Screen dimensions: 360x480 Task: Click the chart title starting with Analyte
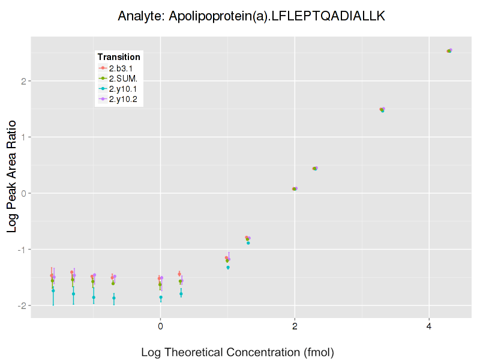point(251,16)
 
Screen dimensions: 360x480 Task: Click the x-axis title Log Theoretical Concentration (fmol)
point(238,352)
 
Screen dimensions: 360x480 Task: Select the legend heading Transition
point(119,57)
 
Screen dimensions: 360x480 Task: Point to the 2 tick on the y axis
point(23,81)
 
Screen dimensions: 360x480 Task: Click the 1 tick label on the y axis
point(23,137)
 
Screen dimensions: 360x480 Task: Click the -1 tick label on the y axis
point(22,249)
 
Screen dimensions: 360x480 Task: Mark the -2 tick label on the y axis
point(22,305)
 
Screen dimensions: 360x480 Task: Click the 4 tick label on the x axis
point(429,326)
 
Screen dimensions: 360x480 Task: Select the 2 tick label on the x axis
point(295,326)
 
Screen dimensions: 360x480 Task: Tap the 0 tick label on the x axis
point(160,326)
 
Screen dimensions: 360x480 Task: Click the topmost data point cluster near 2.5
point(449,51)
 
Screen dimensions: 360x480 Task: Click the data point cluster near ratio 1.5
point(382,110)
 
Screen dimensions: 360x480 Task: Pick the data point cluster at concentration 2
point(295,189)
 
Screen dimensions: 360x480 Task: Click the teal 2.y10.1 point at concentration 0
point(161,297)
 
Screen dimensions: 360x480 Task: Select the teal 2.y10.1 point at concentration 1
point(228,267)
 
